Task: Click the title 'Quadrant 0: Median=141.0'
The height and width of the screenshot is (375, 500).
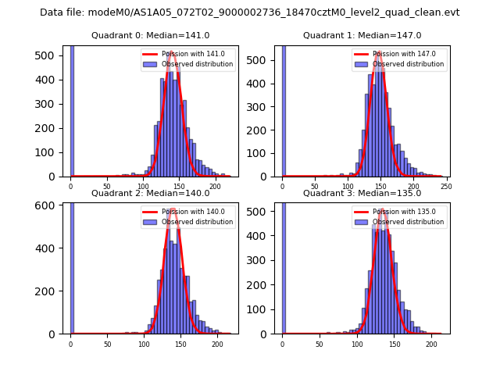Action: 151,35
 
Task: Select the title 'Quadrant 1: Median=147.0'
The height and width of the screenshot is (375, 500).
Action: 362,35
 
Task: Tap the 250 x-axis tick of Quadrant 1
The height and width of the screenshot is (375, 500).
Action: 446,185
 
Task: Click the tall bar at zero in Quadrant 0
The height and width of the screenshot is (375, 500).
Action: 71,110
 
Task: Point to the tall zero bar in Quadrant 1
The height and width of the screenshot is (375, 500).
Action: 283,110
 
